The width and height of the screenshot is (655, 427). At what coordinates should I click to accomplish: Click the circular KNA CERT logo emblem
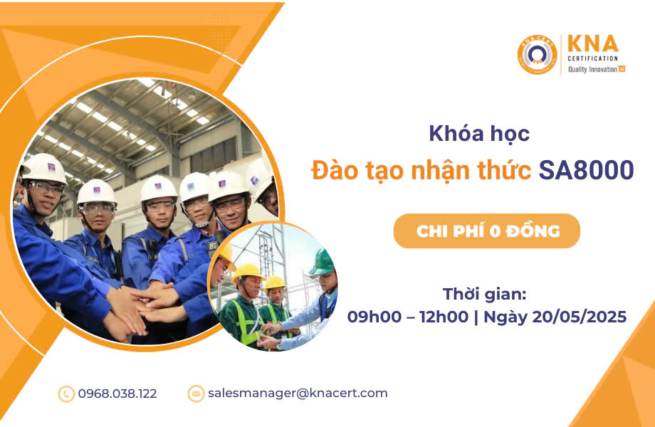[x=538, y=55]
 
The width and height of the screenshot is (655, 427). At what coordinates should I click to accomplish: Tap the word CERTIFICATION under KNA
[x=592, y=58]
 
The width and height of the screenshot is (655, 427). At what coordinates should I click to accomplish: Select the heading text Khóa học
[x=479, y=134]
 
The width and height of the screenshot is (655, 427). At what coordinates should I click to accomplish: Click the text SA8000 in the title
[x=586, y=170]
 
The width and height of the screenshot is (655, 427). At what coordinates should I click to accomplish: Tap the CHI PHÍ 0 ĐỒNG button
[x=487, y=231]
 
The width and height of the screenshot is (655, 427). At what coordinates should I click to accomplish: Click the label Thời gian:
[x=485, y=294]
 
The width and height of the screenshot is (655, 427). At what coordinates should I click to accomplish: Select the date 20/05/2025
[x=580, y=317]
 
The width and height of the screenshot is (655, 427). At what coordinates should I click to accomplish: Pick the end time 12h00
[x=444, y=317]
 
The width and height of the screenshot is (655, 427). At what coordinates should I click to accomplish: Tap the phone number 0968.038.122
[x=117, y=394]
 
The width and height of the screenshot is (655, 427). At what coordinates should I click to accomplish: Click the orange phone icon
[x=66, y=394]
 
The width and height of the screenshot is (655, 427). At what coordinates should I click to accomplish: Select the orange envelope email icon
[x=196, y=394]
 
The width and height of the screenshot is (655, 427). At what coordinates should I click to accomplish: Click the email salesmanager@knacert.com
[x=298, y=393]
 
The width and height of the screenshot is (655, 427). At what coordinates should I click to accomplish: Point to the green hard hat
[x=322, y=262]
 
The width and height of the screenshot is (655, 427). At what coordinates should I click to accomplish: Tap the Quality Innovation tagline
[x=596, y=69]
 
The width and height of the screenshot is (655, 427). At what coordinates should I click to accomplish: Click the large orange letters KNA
[x=593, y=44]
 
